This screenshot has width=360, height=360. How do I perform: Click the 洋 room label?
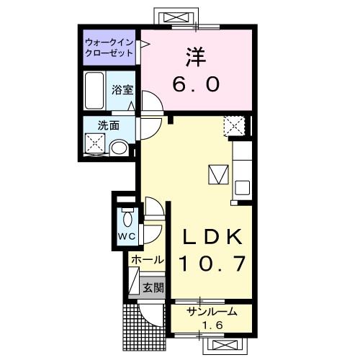click(196, 57)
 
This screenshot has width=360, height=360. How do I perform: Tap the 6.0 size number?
click(196, 84)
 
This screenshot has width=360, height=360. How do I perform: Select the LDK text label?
click(212, 237)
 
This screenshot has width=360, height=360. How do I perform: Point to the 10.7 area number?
click(212, 264)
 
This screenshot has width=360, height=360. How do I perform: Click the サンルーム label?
click(212, 312)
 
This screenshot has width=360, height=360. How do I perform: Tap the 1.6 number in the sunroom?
click(212, 325)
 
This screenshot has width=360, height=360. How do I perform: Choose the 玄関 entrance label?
click(153, 287)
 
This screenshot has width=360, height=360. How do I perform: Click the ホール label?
click(148, 260)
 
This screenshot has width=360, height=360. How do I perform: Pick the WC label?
click(127, 237)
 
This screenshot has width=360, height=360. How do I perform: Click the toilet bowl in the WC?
click(127, 217)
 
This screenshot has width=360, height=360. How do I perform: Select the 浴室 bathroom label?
click(122, 90)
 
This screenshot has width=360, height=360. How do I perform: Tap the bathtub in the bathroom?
click(94, 91)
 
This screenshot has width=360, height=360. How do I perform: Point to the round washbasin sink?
click(120, 148)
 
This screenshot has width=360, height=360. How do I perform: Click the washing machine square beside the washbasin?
click(95, 144)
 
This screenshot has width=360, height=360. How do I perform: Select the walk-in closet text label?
click(109, 48)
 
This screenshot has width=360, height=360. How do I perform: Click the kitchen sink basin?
click(243, 188)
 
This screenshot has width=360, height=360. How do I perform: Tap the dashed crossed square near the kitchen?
click(235, 126)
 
